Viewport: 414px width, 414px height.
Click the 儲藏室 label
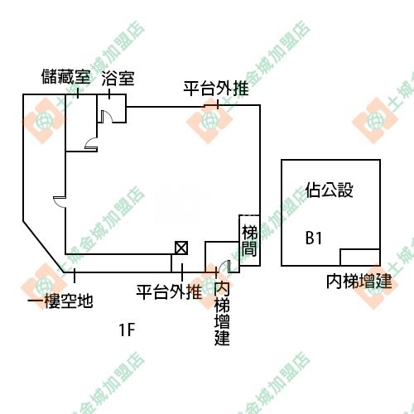tap(65, 76)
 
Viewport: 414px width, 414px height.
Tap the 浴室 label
tap(118, 79)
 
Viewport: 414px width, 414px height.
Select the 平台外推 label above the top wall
tap(216, 89)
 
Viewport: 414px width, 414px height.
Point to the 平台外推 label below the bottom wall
tap(169, 292)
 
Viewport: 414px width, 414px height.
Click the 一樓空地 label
tap(60, 301)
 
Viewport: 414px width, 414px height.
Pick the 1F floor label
tap(127, 330)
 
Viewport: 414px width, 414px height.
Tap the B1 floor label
tap(314, 238)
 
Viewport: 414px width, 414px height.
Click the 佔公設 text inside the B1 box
tap(329, 190)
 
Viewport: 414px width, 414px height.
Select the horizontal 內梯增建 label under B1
tap(359, 282)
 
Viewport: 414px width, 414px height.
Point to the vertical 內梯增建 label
tap(222, 314)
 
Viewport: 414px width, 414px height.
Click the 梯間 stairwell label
tap(249, 240)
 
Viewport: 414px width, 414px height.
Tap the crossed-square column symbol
tap(181, 248)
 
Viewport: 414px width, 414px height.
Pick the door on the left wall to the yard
tap(60, 202)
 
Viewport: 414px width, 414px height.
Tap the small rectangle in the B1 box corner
tap(360, 258)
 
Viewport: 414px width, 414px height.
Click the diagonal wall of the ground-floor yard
tap(44, 247)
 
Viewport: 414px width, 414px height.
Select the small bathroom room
tap(112, 108)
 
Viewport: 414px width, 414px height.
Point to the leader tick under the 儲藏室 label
tap(78, 93)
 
